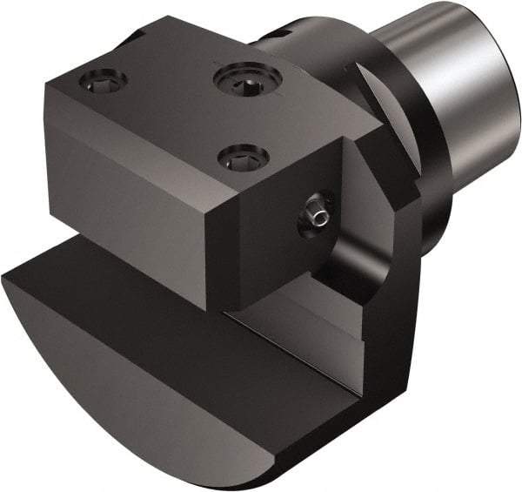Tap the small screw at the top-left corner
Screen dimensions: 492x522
103,80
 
